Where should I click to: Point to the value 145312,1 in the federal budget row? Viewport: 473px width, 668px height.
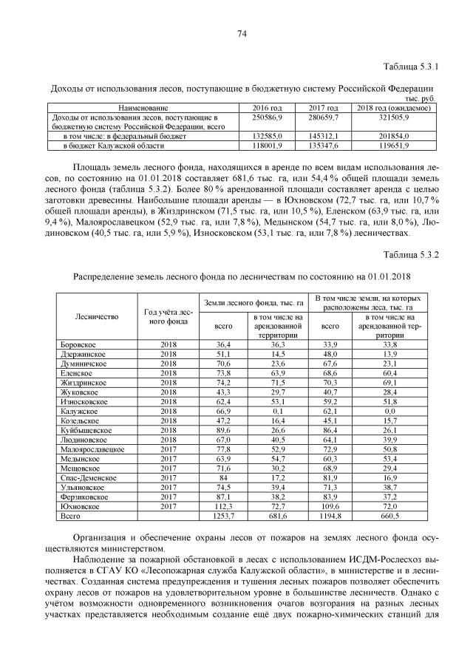tap(322, 137)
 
